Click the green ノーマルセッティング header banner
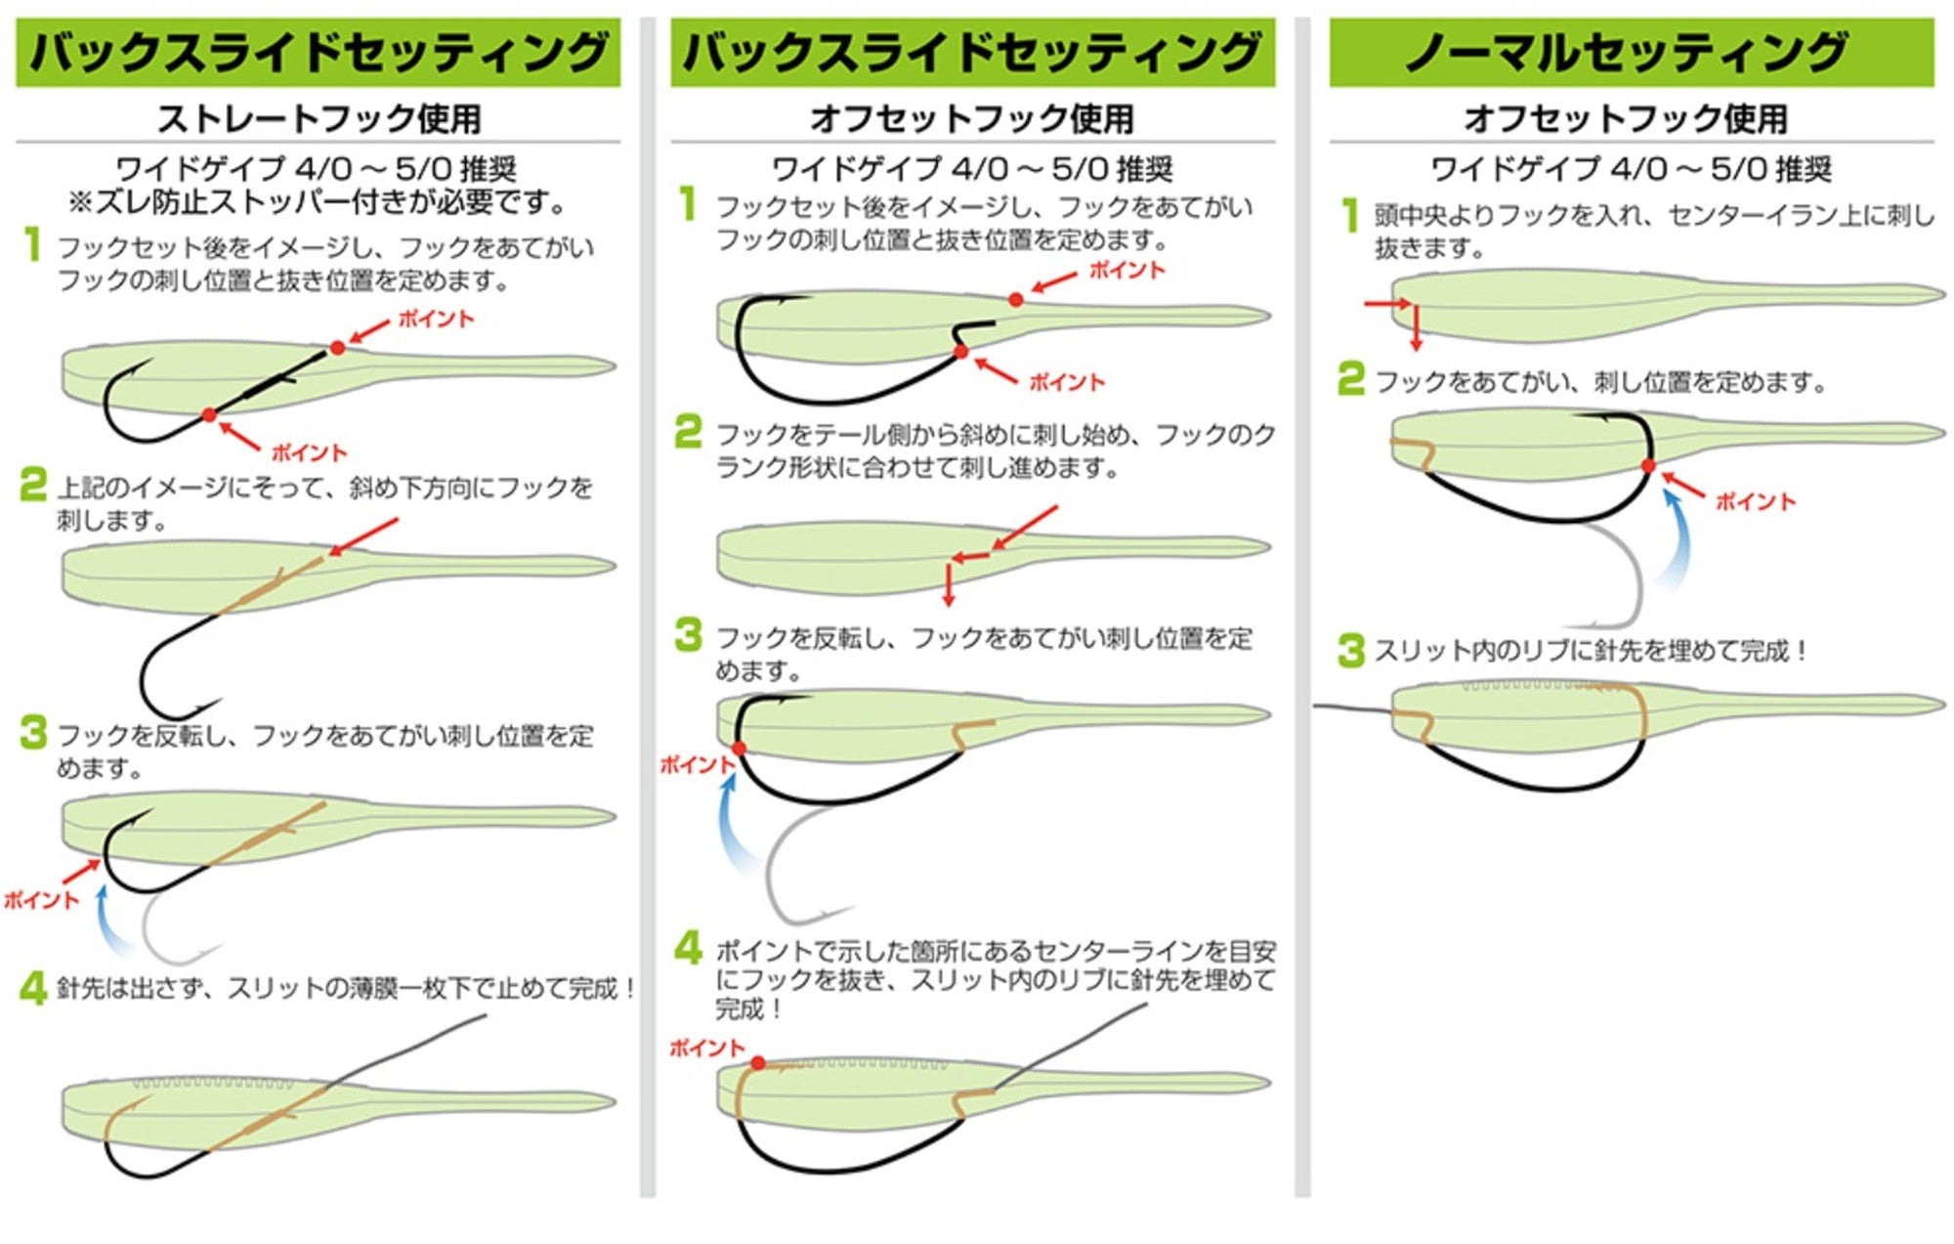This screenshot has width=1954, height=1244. [x=1632, y=52]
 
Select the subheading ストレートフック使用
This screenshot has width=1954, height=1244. [x=319, y=118]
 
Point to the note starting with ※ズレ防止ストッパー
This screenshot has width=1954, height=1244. [x=319, y=203]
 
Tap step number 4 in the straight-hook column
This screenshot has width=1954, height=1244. [x=33, y=988]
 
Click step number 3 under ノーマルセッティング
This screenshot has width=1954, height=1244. [x=1350, y=650]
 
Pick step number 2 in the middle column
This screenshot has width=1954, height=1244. [x=688, y=432]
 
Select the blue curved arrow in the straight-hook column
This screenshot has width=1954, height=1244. [x=109, y=919]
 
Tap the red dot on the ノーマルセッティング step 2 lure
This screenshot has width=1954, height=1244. [x=1648, y=466]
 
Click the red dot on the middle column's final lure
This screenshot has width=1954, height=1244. [x=758, y=1063]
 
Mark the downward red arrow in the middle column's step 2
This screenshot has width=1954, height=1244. [x=948, y=583]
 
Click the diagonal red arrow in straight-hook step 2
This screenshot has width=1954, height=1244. [x=363, y=537]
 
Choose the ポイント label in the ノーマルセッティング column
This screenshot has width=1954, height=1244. [x=1756, y=501]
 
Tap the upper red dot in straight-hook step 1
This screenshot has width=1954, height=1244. [x=337, y=348]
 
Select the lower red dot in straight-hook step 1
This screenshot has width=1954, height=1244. [x=209, y=415]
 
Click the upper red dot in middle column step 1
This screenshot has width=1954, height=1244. [x=1016, y=300]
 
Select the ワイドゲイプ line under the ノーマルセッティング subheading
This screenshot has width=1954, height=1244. [x=1631, y=169]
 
